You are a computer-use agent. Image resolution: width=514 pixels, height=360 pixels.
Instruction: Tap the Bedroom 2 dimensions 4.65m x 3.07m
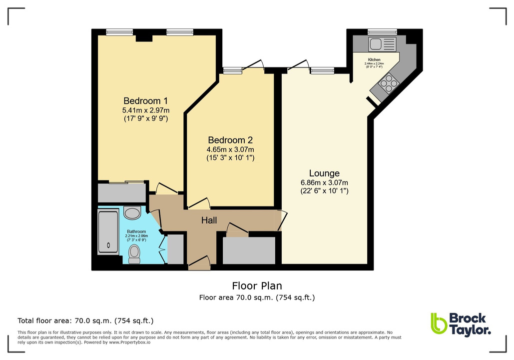(231, 149)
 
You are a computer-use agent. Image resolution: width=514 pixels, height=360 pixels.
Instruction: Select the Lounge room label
(324, 173)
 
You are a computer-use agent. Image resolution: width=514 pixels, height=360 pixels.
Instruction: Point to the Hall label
(209, 220)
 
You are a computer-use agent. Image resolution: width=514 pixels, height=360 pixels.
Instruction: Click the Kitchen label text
(374, 59)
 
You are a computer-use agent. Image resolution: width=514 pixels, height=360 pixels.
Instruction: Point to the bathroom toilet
(134, 254)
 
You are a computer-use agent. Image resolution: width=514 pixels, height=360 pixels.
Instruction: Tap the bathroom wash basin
(132, 213)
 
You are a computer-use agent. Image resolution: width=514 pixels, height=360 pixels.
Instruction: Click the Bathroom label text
(136, 231)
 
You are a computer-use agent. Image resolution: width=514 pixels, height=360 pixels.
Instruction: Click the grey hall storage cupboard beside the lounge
(249, 250)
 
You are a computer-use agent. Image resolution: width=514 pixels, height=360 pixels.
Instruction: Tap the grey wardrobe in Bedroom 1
(121, 193)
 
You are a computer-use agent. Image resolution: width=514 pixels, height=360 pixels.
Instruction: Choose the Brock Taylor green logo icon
(438, 323)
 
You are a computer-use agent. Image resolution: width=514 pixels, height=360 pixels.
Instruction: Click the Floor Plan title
(257, 286)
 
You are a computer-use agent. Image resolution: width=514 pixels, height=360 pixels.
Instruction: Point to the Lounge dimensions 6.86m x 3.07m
(324, 182)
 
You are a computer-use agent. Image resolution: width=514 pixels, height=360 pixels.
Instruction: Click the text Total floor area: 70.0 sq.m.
(85, 320)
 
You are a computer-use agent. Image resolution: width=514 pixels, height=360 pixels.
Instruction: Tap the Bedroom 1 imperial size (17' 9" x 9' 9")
(145, 119)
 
